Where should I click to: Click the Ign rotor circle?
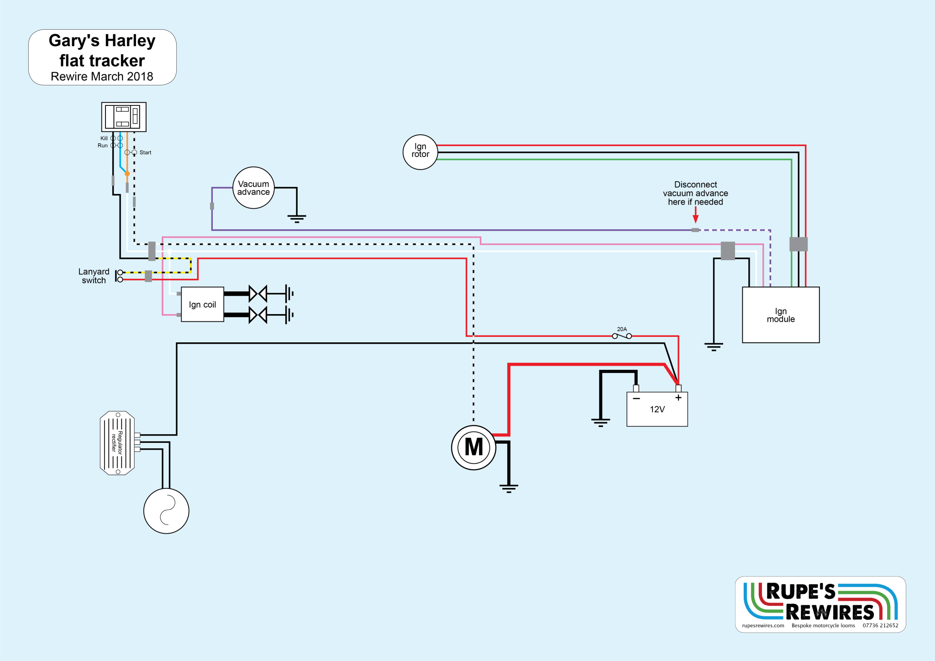coord(420,152)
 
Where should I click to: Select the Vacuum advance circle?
coord(253,188)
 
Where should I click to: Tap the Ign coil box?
coord(202,304)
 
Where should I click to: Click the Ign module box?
coord(781,315)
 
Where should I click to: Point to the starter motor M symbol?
coord(473,447)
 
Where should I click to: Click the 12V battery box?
coord(657,409)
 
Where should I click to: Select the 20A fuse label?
coord(622,329)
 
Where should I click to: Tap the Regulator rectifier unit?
coord(117,443)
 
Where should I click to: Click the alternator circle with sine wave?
coord(166,511)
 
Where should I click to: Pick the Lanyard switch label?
coord(94,276)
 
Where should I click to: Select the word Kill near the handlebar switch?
coord(104,138)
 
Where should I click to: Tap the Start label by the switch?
coord(145,152)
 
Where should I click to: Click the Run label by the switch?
coord(102,146)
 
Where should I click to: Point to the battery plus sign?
coord(678,398)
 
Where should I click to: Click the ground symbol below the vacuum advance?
coord(297,218)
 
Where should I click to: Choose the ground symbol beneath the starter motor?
coord(509,488)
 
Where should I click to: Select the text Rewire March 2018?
coord(102,76)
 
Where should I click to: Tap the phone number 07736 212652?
coord(880,625)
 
